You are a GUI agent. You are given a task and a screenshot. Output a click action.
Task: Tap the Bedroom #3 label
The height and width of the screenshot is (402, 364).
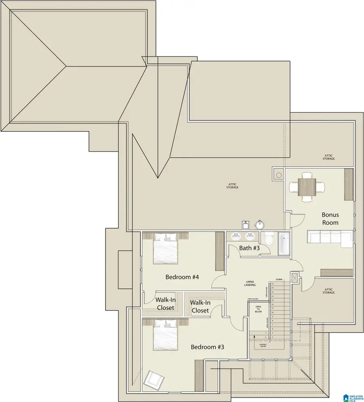point(207,347)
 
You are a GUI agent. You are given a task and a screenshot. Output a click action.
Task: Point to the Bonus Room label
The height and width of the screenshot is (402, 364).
point(330,219)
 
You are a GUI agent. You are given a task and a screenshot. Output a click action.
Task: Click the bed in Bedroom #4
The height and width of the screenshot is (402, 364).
point(165,249)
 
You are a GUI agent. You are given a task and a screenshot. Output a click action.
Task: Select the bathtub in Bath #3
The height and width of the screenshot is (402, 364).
point(284,243)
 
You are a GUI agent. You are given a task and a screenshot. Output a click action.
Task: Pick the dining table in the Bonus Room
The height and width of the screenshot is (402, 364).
point(307,187)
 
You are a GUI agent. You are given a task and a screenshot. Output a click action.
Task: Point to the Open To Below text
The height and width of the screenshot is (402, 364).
point(258,309)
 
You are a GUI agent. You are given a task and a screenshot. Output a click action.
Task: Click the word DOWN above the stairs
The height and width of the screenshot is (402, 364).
point(279,279)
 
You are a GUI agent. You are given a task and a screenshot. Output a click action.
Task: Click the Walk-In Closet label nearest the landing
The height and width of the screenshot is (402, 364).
point(200,306)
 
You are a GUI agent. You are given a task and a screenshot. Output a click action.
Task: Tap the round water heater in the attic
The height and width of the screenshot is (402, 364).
point(259,224)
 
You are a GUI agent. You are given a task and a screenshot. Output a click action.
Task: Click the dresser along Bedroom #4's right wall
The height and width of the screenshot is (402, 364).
point(220,251)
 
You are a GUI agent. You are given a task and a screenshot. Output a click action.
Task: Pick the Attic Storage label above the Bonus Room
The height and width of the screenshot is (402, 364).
point(328,157)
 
